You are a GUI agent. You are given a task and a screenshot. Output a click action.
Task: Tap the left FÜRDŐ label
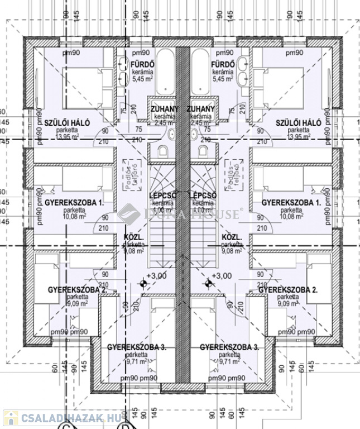(x=142, y=65)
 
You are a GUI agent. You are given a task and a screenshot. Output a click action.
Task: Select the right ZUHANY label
(x=201, y=108)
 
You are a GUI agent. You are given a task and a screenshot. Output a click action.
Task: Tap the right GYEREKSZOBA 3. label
(x=229, y=347)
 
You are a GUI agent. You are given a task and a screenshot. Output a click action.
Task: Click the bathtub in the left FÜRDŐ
(x=165, y=73)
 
